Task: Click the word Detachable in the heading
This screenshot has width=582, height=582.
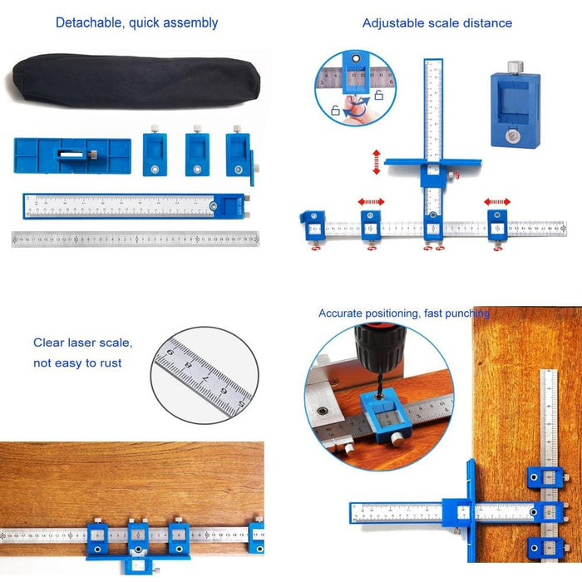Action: click(89, 22)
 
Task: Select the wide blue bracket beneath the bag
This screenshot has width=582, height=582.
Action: click(72, 155)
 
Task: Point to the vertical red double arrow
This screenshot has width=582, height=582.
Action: click(377, 162)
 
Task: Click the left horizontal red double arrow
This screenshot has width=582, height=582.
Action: click(371, 201)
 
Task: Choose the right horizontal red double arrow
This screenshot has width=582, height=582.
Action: click(498, 201)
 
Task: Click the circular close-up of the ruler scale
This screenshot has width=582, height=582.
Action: click(205, 375)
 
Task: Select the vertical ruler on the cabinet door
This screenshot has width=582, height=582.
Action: click(549, 416)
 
